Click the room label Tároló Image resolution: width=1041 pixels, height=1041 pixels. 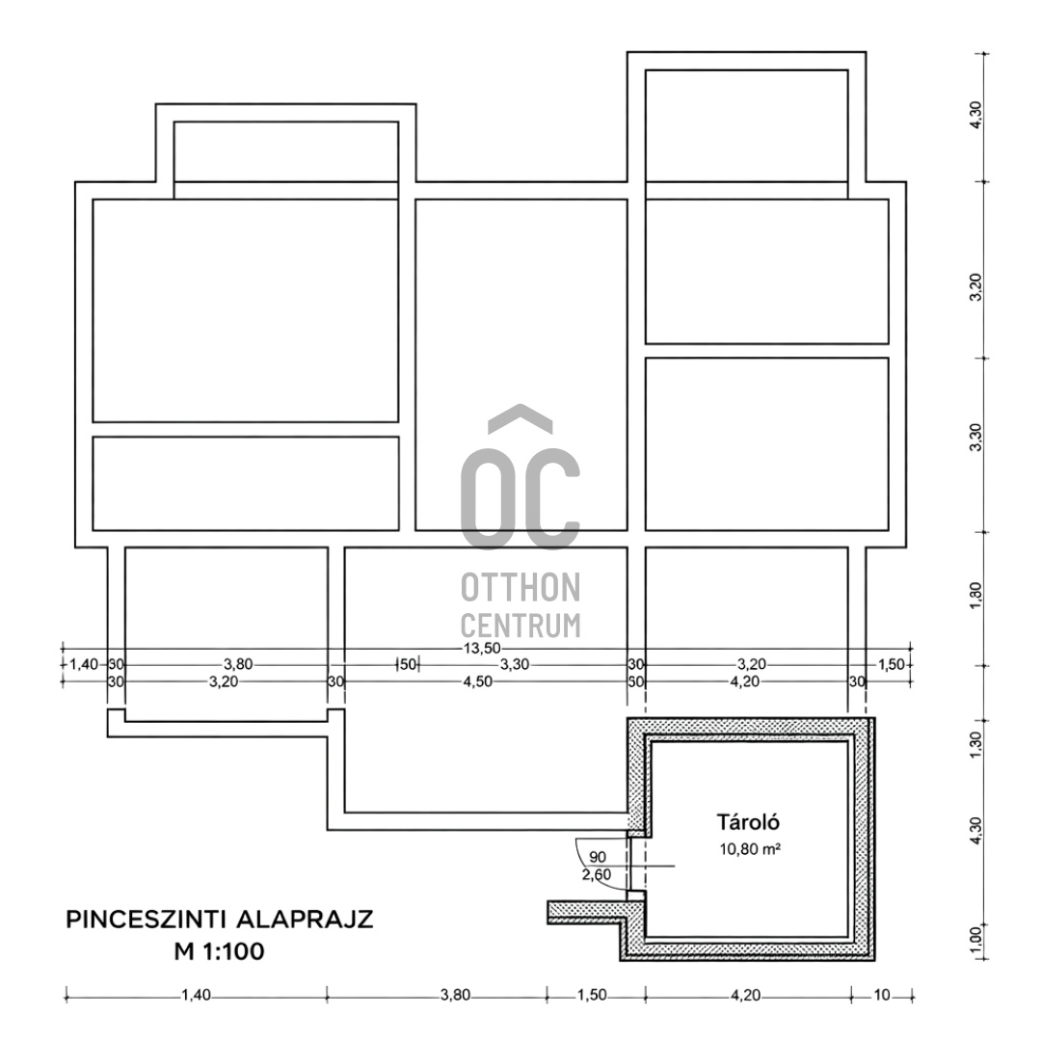point(748,822)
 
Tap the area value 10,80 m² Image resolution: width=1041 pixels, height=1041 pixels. point(748,850)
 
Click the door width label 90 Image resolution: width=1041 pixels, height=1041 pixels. point(598,857)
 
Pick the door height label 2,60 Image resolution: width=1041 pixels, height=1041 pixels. point(597,875)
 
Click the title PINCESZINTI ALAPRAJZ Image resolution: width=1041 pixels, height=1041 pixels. point(220,919)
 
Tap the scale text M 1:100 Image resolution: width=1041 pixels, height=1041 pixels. point(219,952)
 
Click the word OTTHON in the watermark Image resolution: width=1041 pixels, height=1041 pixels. point(520,586)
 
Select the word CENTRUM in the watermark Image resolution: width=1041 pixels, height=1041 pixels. point(520,625)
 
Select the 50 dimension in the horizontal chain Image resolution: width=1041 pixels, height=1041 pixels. point(407,665)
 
